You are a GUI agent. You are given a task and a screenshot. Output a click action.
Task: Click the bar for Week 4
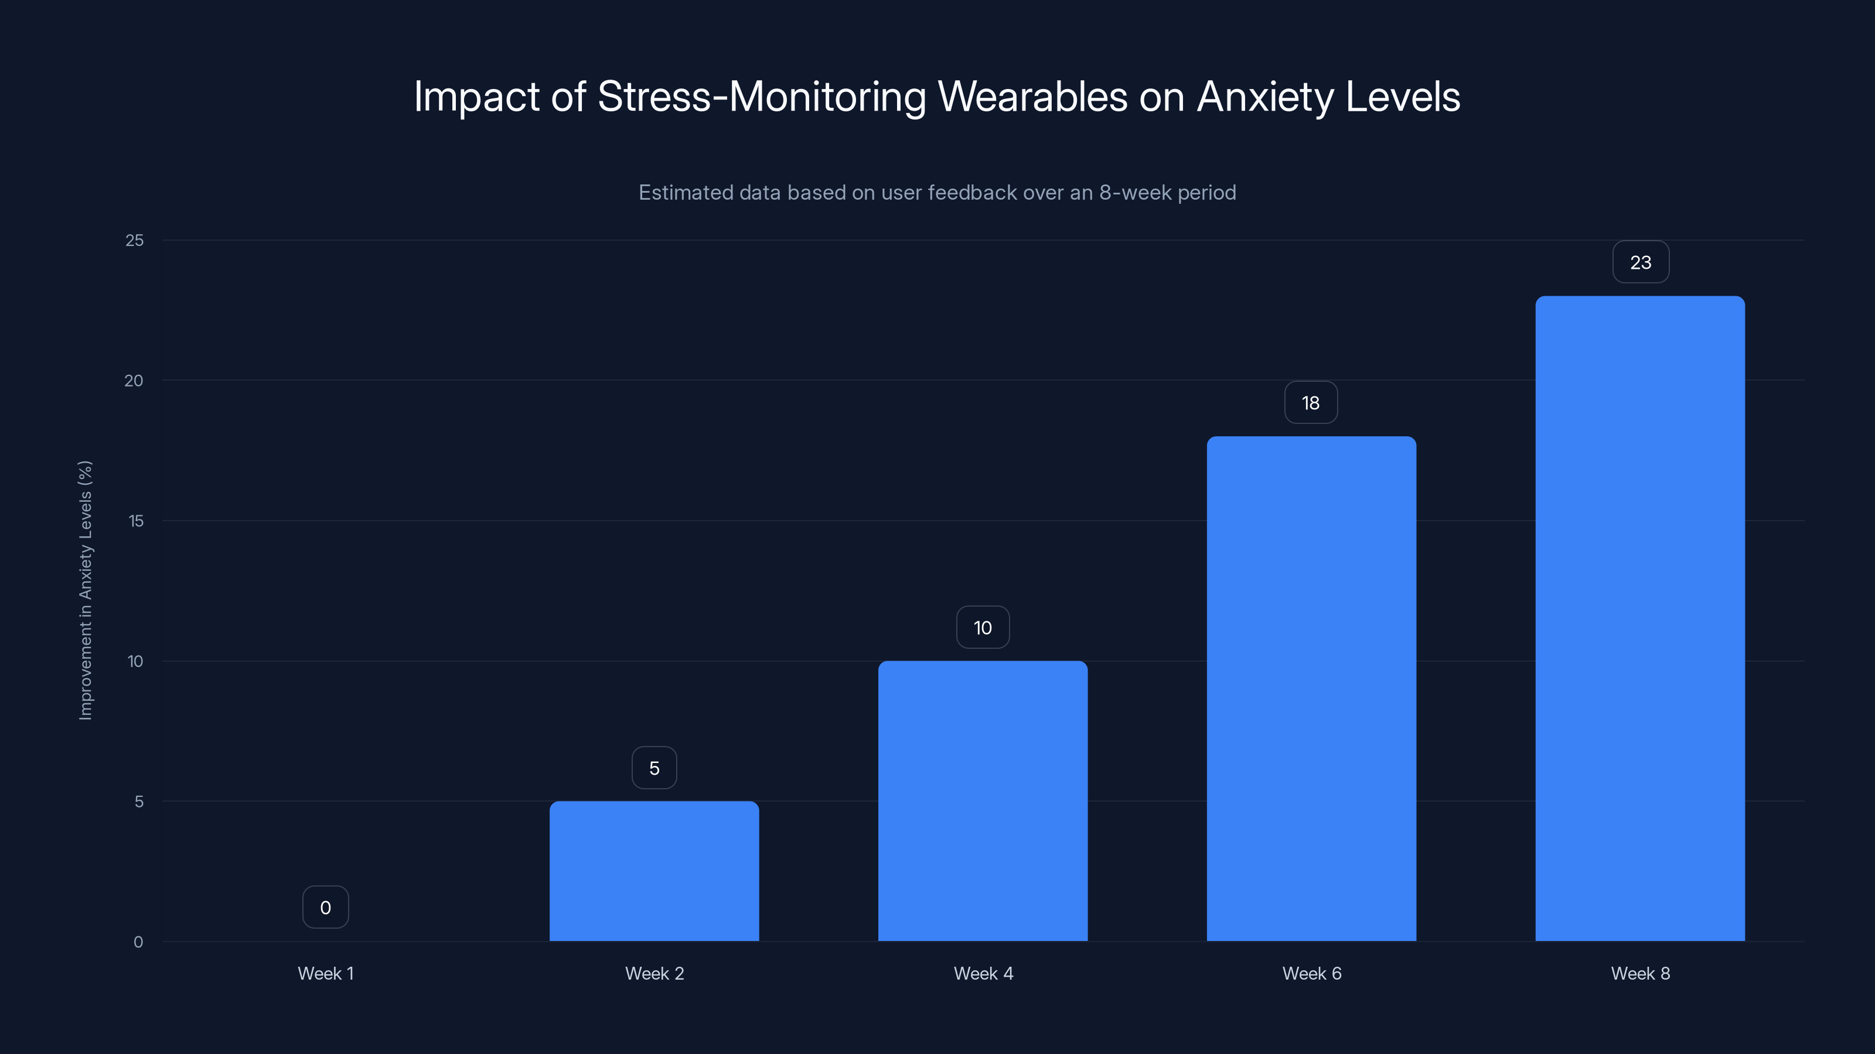(x=983, y=800)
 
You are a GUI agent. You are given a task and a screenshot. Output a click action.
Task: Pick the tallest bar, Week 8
(x=1640, y=618)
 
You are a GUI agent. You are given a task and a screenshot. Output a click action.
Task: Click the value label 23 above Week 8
(x=1641, y=262)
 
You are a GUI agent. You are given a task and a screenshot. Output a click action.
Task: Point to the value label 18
(x=1311, y=403)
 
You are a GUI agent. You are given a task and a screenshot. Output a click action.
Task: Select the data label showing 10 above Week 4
(x=983, y=628)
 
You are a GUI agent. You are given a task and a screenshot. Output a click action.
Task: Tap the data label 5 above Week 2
(x=654, y=768)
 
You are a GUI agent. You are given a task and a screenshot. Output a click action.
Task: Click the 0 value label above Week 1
(x=325, y=908)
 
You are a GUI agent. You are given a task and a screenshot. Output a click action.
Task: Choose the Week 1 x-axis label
(x=325, y=973)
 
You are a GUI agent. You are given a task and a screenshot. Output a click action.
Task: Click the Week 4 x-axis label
(x=983, y=973)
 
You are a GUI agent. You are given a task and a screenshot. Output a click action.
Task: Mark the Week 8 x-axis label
(x=1641, y=973)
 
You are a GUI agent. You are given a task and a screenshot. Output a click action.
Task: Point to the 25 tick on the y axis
(x=135, y=241)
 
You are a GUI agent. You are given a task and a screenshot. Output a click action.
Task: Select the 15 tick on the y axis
(x=135, y=521)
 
